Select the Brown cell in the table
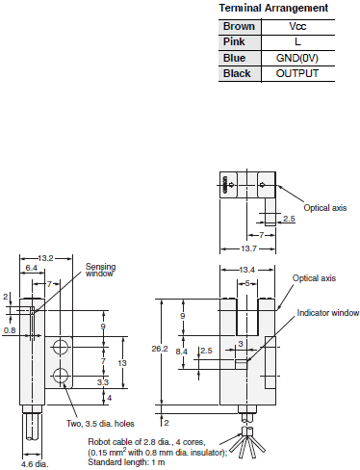[x=239, y=26]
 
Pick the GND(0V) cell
[x=296, y=57]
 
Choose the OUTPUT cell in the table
[x=296, y=72]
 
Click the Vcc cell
[x=296, y=26]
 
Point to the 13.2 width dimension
[x=46, y=258]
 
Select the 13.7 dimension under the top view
[x=249, y=248]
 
